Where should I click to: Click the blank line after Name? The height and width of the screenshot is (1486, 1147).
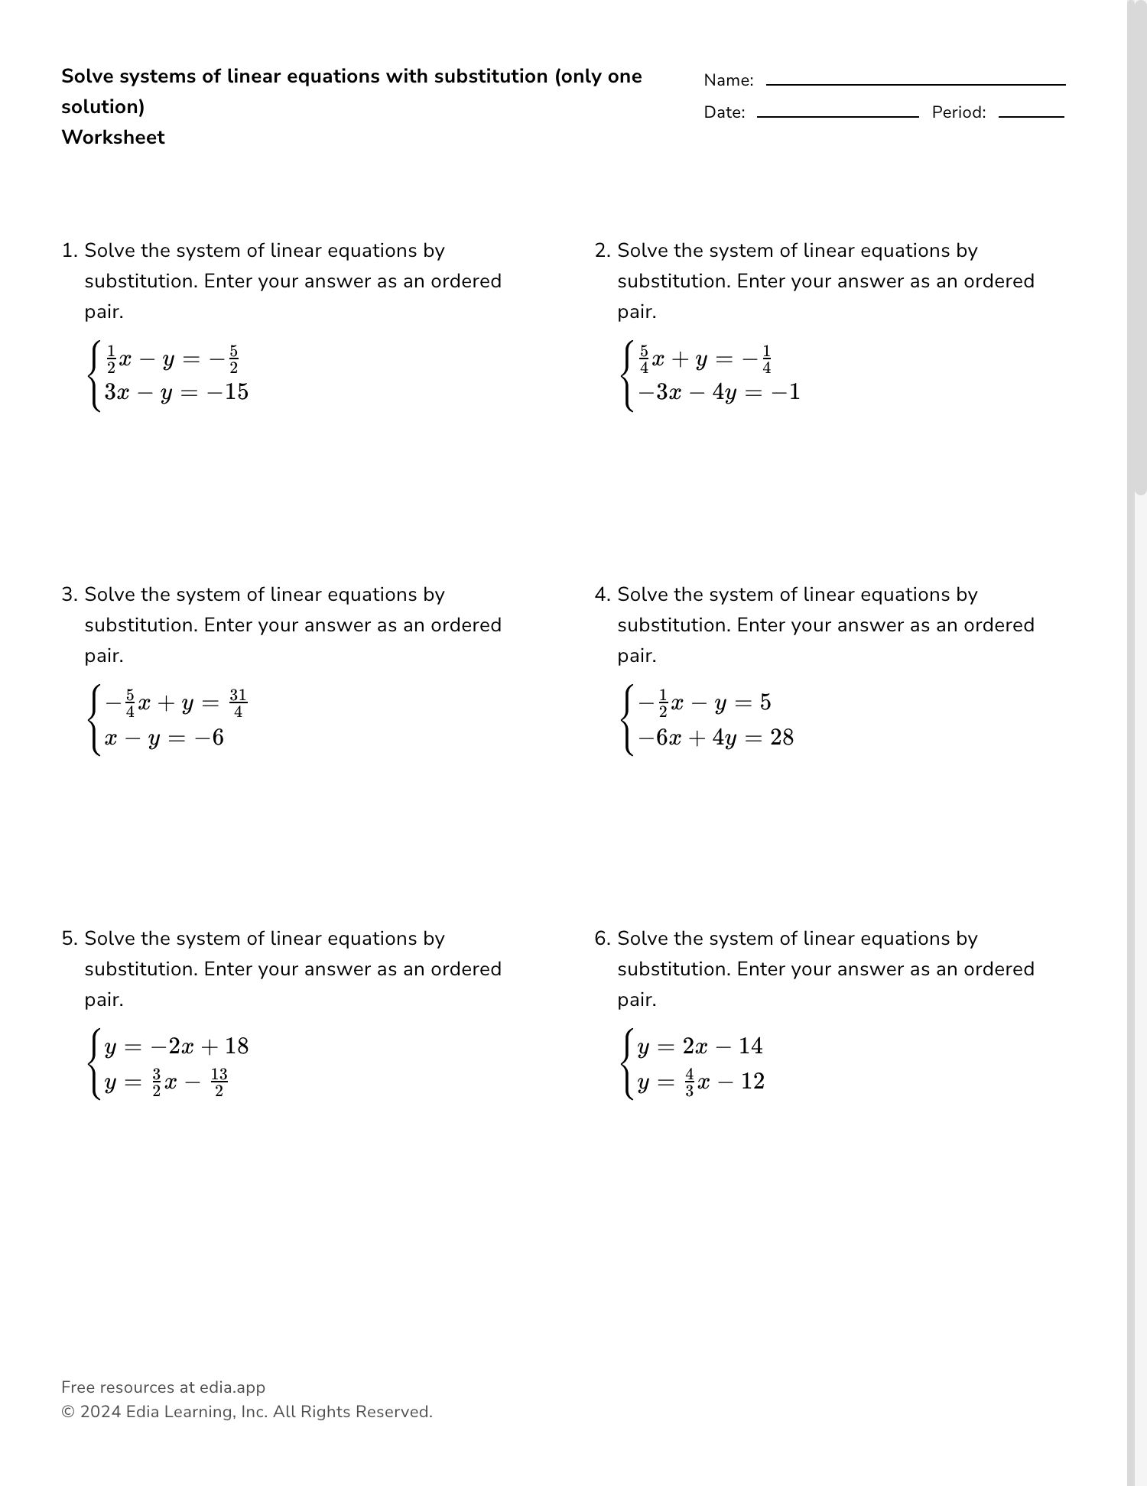tap(915, 83)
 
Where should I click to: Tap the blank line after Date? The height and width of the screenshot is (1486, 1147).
tap(837, 115)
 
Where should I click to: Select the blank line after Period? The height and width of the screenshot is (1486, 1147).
tap(1031, 115)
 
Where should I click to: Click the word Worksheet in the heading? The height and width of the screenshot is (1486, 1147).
tap(113, 138)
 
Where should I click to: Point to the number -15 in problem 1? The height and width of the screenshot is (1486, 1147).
tap(226, 392)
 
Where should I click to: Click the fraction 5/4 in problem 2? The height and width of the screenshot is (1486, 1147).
tap(644, 359)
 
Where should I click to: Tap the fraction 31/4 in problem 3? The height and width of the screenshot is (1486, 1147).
tap(238, 703)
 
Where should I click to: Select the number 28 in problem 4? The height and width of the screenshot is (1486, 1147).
tap(781, 738)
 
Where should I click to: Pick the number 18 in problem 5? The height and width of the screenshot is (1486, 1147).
tap(236, 1046)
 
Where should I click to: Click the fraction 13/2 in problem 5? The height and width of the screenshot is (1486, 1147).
tap(219, 1082)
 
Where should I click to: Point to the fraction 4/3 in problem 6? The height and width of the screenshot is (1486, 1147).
tap(689, 1082)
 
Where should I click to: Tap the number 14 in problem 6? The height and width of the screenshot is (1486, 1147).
tap(750, 1046)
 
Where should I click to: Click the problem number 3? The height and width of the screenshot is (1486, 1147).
tap(69, 595)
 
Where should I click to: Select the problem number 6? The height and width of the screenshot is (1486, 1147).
tap(602, 939)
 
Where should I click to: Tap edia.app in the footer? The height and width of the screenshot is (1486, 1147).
tap(232, 1387)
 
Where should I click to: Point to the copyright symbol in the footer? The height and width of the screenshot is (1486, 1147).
tap(67, 1412)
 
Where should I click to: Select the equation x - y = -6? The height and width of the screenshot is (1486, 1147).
tap(164, 738)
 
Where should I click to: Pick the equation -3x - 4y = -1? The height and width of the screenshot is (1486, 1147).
tap(719, 393)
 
